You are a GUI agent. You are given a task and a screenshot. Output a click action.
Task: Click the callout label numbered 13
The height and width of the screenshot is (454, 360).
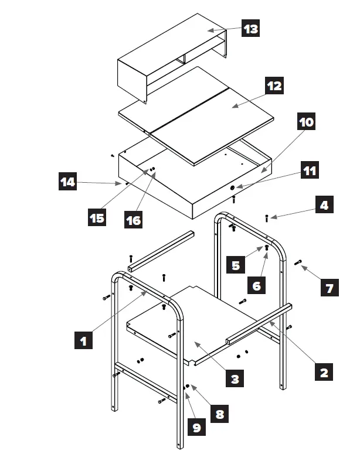coord(251,29)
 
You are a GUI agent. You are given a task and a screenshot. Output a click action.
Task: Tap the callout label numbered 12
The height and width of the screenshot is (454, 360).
coord(274,86)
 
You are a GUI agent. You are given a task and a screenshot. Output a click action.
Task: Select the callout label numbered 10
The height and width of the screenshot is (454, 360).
coord(306,122)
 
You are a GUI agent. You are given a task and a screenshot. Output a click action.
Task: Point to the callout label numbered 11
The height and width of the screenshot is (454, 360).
coord(310,171)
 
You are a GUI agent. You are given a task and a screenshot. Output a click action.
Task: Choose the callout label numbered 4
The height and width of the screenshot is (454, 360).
coord(323,206)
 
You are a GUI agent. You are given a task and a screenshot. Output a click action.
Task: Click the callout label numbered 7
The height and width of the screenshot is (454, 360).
coord(329,288)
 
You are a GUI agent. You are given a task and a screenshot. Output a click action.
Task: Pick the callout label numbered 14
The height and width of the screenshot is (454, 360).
coord(67,182)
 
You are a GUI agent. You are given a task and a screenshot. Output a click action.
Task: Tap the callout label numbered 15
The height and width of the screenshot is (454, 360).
coord(97,219)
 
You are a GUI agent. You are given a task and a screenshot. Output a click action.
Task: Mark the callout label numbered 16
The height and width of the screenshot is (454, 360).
coord(133,220)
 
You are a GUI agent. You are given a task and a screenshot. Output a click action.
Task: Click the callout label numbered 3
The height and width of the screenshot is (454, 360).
coord(235,379)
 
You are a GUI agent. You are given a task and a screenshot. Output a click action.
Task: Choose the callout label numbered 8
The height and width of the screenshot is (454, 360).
coord(219,414)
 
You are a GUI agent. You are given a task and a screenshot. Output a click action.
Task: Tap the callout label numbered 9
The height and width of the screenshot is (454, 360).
coord(196,428)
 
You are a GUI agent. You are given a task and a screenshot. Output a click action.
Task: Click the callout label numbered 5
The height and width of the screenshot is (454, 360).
coord(236,265)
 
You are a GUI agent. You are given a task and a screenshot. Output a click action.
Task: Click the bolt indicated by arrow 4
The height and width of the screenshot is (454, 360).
coord(267,218)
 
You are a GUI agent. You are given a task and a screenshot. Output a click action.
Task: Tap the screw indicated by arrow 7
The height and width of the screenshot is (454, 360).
coord(298,262)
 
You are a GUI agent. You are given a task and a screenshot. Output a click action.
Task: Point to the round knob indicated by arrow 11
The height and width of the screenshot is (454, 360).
coord(233,188)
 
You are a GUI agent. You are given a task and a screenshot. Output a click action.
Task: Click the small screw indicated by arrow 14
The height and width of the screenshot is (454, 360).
coord(126,183)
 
